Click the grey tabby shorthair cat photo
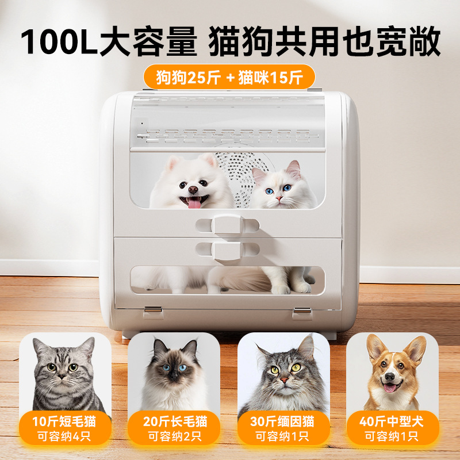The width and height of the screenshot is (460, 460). coord(64,371)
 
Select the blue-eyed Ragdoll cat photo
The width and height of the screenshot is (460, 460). coord(173,371)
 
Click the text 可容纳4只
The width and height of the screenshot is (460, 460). coord(64,436)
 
